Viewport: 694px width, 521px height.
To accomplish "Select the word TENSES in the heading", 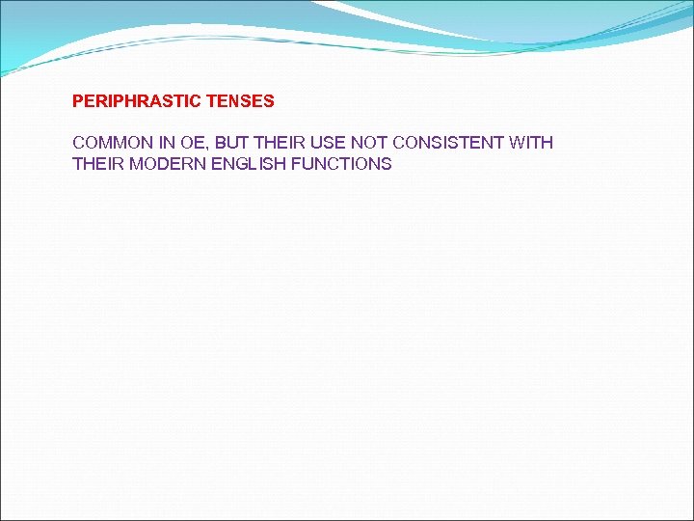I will point(240,100).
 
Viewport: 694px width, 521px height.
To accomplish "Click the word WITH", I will point(531,143).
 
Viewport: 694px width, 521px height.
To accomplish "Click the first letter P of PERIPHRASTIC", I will point(78,100).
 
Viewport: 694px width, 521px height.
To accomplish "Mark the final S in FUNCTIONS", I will point(387,164).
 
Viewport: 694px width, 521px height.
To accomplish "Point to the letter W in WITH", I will point(517,143).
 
